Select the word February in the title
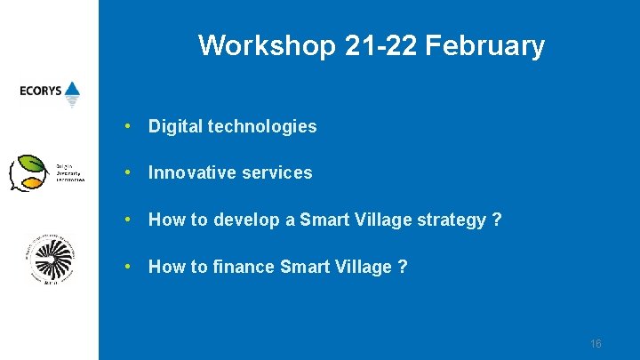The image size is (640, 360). pyautogui.click(x=485, y=44)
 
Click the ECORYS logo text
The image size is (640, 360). pyautogui.click(x=40, y=90)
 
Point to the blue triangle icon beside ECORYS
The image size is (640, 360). pyautogui.click(x=72, y=90)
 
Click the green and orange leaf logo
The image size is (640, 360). pyautogui.click(x=28, y=172)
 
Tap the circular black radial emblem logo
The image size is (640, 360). pyautogui.click(x=51, y=260)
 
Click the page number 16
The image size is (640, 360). pyautogui.click(x=596, y=344)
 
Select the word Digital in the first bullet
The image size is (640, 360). pyautogui.click(x=175, y=126)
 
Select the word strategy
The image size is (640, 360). pyautogui.click(x=451, y=220)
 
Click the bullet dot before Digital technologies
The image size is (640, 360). pyautogui.click(x=130, y=126)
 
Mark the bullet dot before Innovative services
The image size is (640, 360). pyautogui.click(x=130, y=172)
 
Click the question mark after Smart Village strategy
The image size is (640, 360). pyautogui.click(x=497, y=220)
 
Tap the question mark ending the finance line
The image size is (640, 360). pyautogui.click(x=403, y=266)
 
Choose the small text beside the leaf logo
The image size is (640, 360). pyautogui.click(x=70, y=172)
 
